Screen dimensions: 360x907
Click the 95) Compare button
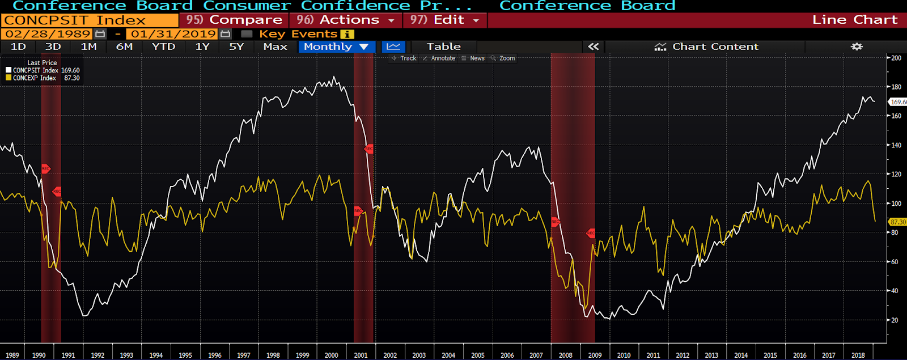click(x=234, y=20)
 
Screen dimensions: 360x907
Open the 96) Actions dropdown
click(x=345, y=20)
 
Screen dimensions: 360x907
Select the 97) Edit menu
click(x=444, y=20)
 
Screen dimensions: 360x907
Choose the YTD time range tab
click(x=163, y=46)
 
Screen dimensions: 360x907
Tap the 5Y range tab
click(x=236, y=46)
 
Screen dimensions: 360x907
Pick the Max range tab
click(x=275, y=46)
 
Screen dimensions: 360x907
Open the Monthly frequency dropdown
click(x=336, y=46)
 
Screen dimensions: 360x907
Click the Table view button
click(x=443, y=46)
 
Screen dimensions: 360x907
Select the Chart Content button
click(x=706, y=46)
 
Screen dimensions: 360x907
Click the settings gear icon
click(x=857, y=46)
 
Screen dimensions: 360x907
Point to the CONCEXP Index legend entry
click(x=34, y=78)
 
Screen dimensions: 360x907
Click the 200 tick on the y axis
click(x=896, y=58)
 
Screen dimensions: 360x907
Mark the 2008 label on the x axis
click(x=565, y=355)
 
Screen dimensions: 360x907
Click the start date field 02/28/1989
click(x=48, y=34)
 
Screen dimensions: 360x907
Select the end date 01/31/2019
click(x=173, y=34)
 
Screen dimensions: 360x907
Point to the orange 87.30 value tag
click(x=897, y=222)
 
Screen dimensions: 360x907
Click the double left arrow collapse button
click(x=593, y=46)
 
